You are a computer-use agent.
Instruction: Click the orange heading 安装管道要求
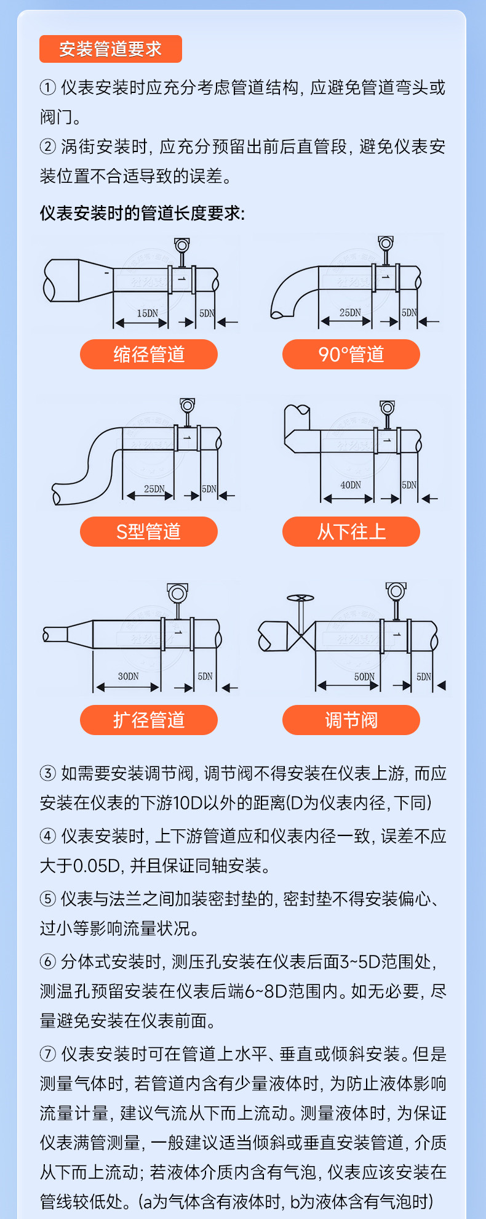coord(111,49)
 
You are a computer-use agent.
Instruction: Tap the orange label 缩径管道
coord(149,354)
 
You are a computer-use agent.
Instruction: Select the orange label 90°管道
coord(351,354)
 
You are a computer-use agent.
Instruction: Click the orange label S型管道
coord(149,531)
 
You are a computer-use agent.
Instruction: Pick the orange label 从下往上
coord(351,531)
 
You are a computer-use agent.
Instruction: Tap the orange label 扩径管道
coord(149,720)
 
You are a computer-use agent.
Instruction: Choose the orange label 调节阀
coord(351,720)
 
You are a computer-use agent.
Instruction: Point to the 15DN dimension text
coord(147,313)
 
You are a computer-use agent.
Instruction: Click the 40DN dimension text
coord(351,485)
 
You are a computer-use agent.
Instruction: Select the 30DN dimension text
coord(128,676)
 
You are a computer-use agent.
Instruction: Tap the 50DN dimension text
coord(364,677)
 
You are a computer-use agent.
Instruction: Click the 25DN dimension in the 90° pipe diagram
coord(350,313)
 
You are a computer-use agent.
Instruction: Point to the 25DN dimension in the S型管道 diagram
coord(154,489)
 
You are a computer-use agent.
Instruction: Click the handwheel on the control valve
coord(300,598)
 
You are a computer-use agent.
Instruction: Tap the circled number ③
coord(48,773)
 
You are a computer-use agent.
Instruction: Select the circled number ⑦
coord(48,1054)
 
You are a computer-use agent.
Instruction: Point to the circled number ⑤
coord(48,899)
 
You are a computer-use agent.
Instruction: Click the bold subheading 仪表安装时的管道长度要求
coord(142,214)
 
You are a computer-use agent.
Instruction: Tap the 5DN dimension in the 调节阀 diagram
coord(424,677)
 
